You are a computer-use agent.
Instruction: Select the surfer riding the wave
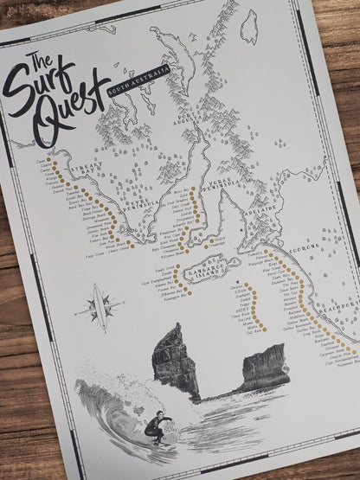point(157,426)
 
